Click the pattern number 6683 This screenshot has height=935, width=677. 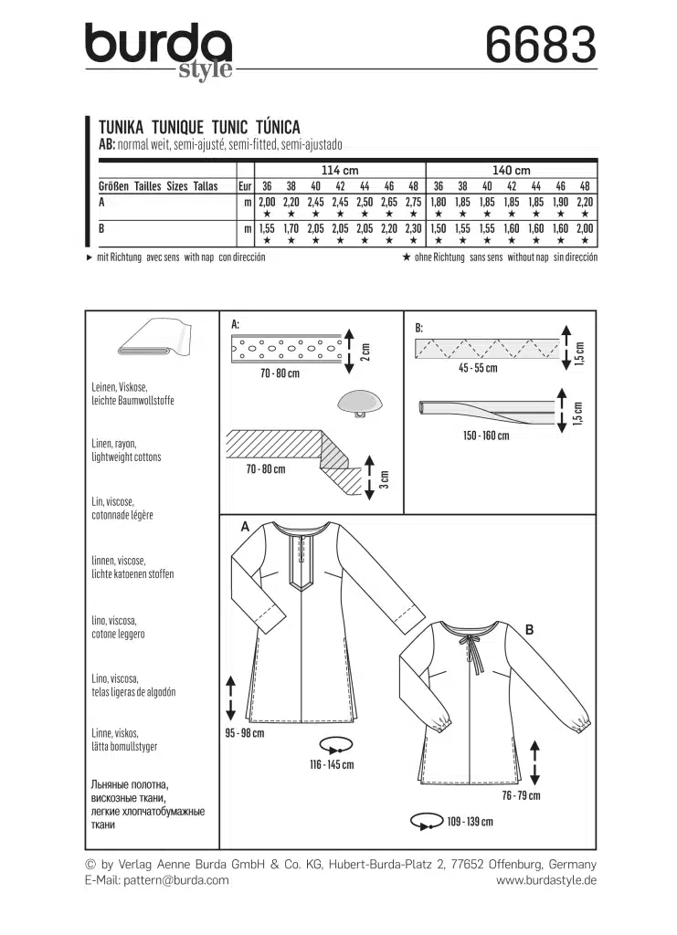tap(541, 43)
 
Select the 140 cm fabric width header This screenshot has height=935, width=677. tap(511, 170)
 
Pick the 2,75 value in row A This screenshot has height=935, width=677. tap(413, 201)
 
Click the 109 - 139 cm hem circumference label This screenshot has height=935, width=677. tap(469, 821)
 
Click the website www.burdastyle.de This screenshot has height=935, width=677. tap(545, 880)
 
